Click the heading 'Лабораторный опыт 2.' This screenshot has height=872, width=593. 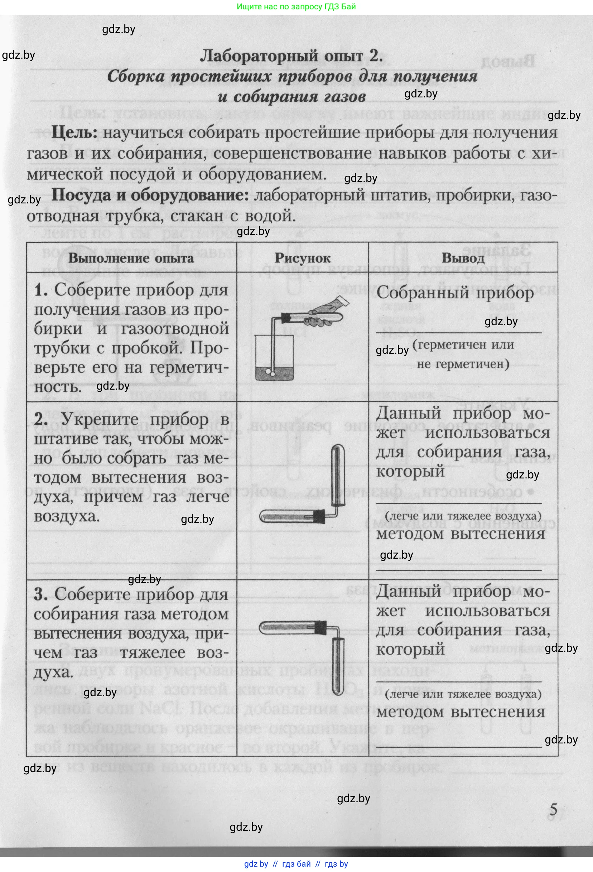tap(291, 56)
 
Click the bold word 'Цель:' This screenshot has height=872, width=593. tap(74, 133)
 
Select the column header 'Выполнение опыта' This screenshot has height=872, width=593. tap(131, 258)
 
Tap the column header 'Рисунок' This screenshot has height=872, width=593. tap(302, 258)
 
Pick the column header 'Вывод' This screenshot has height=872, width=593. tap(463, 258)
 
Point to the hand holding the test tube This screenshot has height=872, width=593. tap(326, 313)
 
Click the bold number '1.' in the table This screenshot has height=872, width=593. tap(41, 290)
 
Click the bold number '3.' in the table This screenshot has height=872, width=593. tap(40, 595)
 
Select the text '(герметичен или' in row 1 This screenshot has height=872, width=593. tap(463, 345)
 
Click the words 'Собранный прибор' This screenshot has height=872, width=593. tap(454, 293)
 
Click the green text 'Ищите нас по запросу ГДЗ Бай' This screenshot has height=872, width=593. tap(296, 7)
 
